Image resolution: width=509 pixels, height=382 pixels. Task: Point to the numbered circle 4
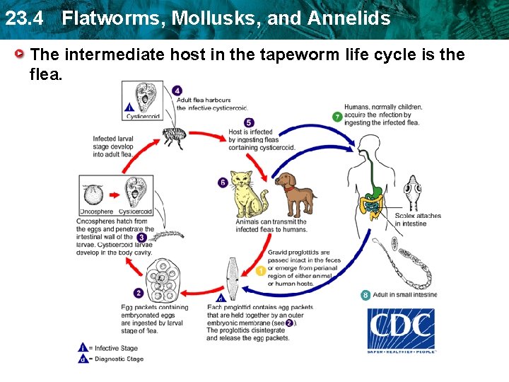click(x=177, y=91)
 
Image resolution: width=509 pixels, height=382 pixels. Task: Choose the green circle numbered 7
click(x=337, y=117)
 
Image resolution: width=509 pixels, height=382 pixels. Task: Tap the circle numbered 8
click(x=365, y=295)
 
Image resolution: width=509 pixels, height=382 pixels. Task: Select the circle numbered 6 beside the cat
click(x=223, y=183)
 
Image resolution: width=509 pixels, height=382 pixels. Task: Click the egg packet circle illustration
click(x=165, y=277)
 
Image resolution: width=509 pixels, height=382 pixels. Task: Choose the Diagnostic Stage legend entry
click(x=118, y=359)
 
